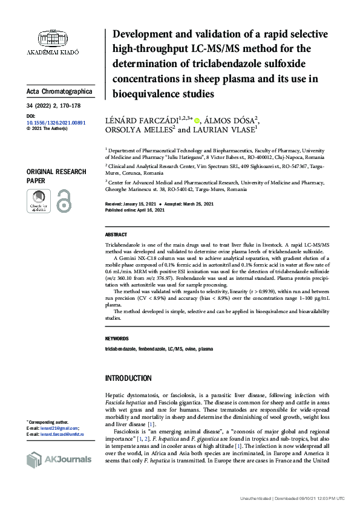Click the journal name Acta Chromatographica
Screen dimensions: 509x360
click(x=59, y=91)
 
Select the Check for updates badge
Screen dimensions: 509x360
click(x=39, y=201)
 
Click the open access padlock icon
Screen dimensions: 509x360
click(x=64, y=201)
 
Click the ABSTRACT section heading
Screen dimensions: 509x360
click(x=116, y=235)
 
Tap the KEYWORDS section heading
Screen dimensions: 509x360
click(x=117, y=339)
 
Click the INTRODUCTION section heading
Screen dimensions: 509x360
click(x=128, y=378)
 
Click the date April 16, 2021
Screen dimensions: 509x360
click(x=152, y=210)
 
